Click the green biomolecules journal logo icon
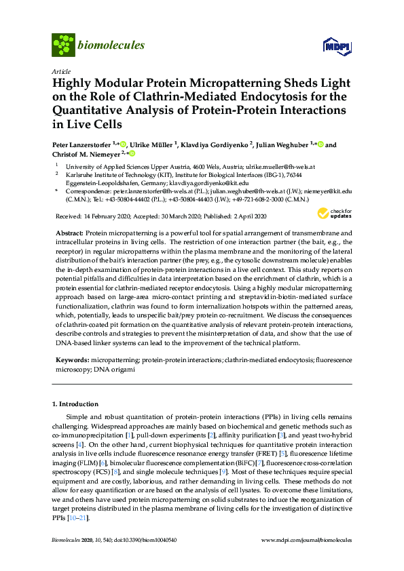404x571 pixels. coord(63,45)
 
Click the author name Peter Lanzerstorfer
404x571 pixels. coord(83,144)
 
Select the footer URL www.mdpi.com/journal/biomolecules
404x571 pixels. coord(306,540)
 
